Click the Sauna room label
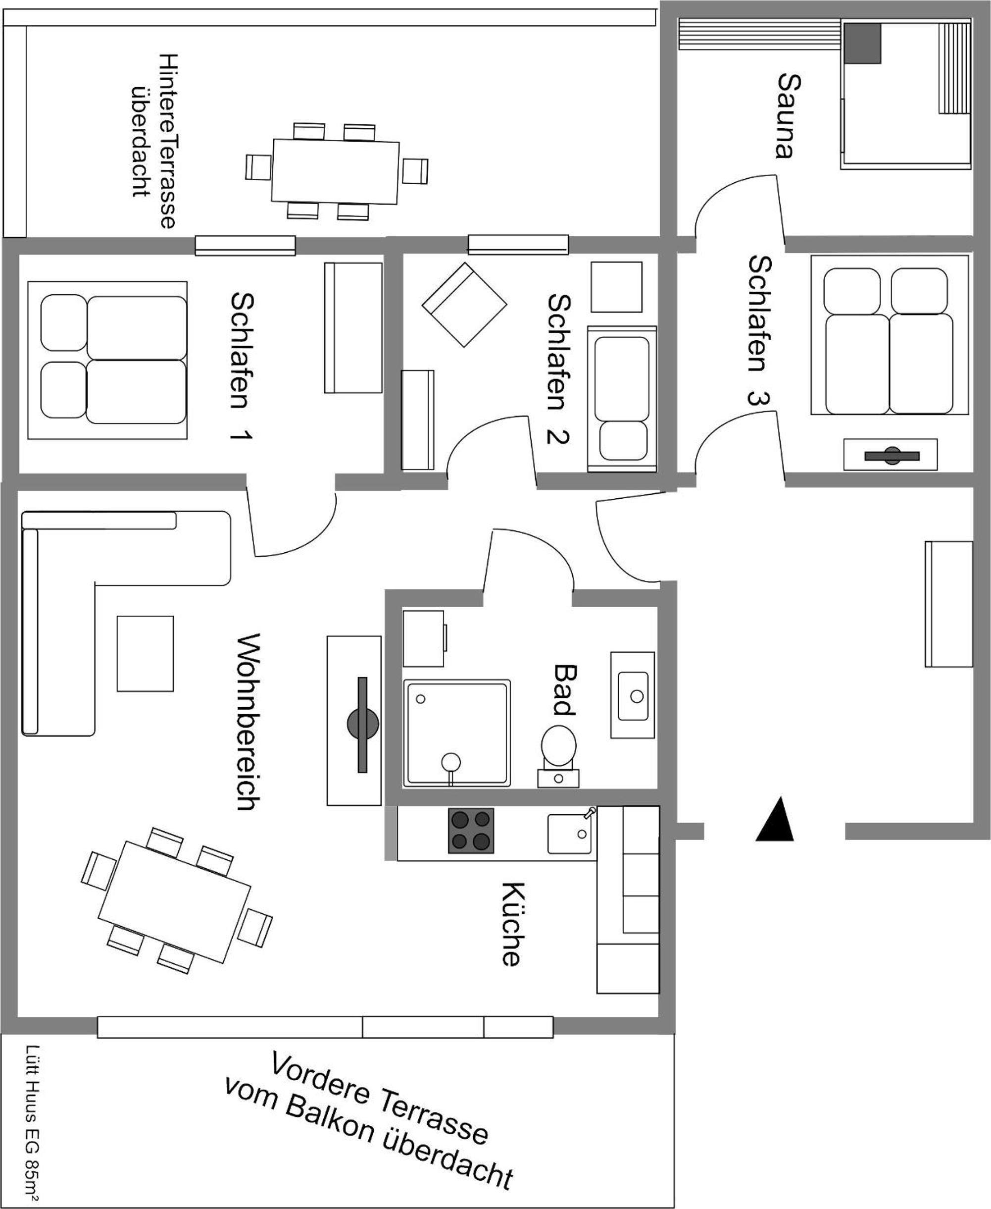click(789, 115)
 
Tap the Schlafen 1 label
click(242, 366)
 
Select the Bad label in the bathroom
click(564, 690)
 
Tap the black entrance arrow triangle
click(775, 820)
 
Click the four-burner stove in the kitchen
click(471, 831)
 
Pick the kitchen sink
click(569, 833)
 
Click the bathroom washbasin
click(633, 695)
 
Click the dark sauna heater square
click(863, 44)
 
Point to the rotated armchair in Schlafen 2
click(464, 305)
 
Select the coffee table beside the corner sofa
click(145, 653)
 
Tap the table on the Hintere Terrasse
click(335, 171)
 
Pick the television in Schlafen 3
click(890, 455)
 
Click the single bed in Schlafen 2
click(622, 399)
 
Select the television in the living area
click(362, 724)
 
